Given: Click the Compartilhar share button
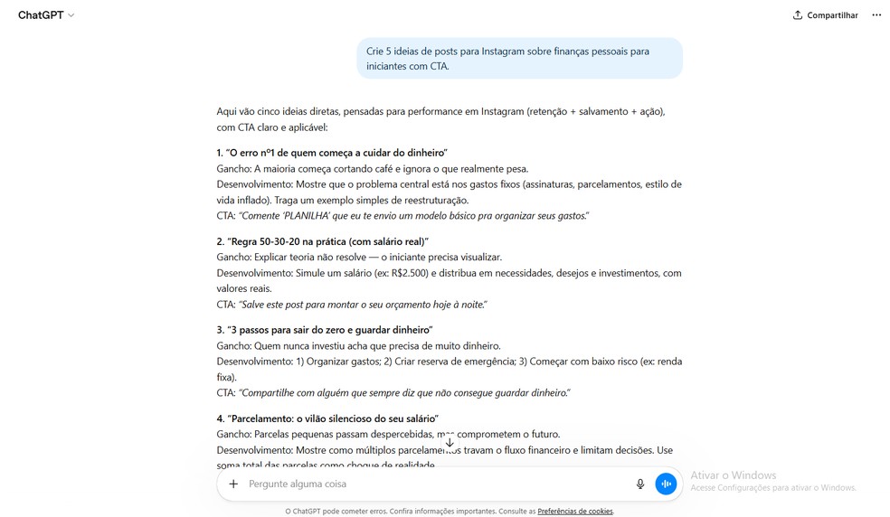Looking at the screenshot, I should click(x=825, y=15).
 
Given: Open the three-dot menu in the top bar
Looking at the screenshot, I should click(x=876, y=15).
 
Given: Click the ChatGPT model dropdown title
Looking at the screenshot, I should click(x=46, y=15).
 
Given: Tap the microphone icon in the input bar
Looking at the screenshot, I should click(x=640, y=484).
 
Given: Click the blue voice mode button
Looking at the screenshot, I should click(x=666, y=484).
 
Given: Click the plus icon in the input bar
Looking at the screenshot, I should click(x=233, y=484).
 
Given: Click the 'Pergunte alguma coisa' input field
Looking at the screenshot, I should click(x=434, y=484).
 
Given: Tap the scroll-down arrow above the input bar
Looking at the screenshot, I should click(x=450, y=442).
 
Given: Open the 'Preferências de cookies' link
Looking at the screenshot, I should click(x=575, y=512).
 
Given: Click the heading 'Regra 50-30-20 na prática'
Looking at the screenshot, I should click(x=326, y=241).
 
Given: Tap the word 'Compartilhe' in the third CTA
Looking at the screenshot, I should click(x=269, y=393).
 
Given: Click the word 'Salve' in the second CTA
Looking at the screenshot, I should click(x=252, y=305).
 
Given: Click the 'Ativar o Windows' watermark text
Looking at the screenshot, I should click(x=734, y=475).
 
